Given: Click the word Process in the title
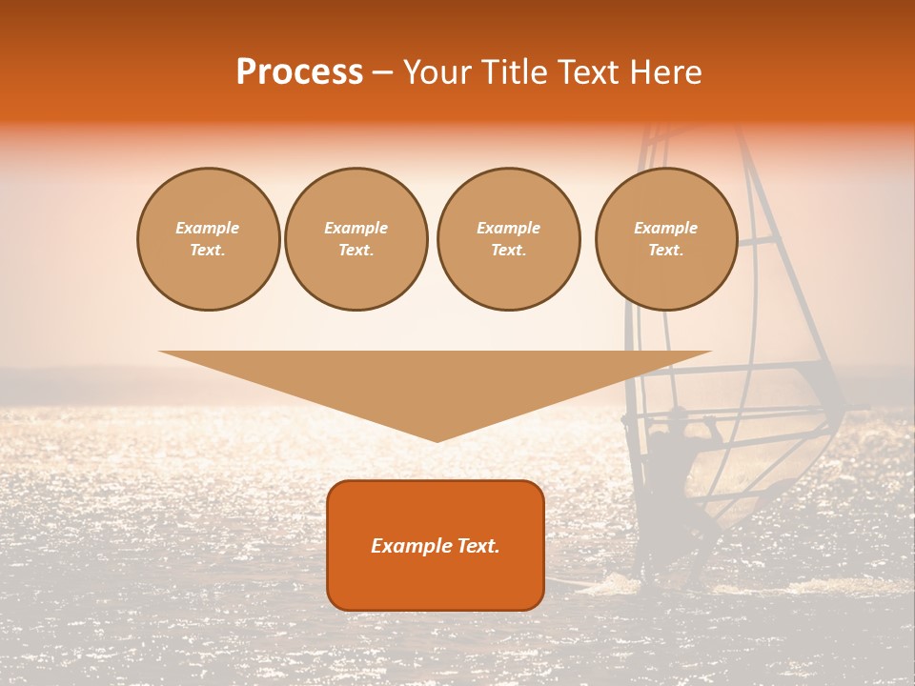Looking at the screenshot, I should click(x=299, y=72).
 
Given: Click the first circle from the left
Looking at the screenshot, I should click(x=209, y=239).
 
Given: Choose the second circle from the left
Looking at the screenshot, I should click(x=356, y=239).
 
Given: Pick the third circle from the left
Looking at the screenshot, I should click(x=509, y=239).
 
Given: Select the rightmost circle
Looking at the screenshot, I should click(x=666, y=239).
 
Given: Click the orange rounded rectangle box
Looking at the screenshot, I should click(x=436, y=545).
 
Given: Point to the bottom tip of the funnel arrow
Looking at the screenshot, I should click(x=437, y=441).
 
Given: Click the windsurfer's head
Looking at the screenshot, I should click(x=677, y=415).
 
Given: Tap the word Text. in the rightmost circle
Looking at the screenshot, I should click(x=666, y=251).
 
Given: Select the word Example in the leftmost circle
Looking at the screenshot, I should click(x=208, y=228).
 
